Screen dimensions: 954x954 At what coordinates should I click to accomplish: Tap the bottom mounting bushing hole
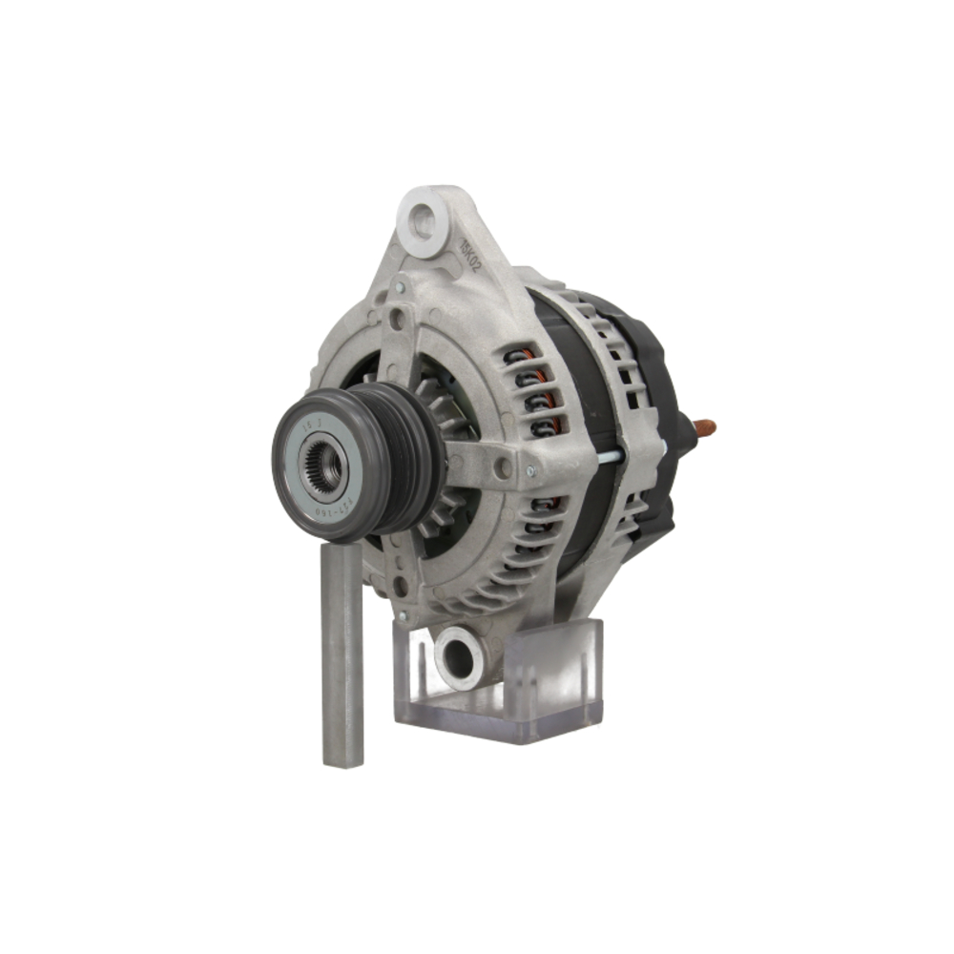(459, 657)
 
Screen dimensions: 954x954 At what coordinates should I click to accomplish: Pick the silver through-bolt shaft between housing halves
(611, 456)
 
